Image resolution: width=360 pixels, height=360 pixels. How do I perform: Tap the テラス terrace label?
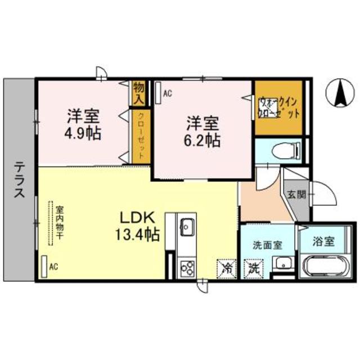coord(19,178)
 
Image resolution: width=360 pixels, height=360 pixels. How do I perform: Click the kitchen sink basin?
coord(186,228)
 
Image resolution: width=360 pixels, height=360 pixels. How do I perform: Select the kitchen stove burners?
coord(186,267)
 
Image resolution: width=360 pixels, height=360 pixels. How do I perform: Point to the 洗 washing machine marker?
coord(251,267)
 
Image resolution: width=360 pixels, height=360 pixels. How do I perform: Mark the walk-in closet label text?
coord(279,107)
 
